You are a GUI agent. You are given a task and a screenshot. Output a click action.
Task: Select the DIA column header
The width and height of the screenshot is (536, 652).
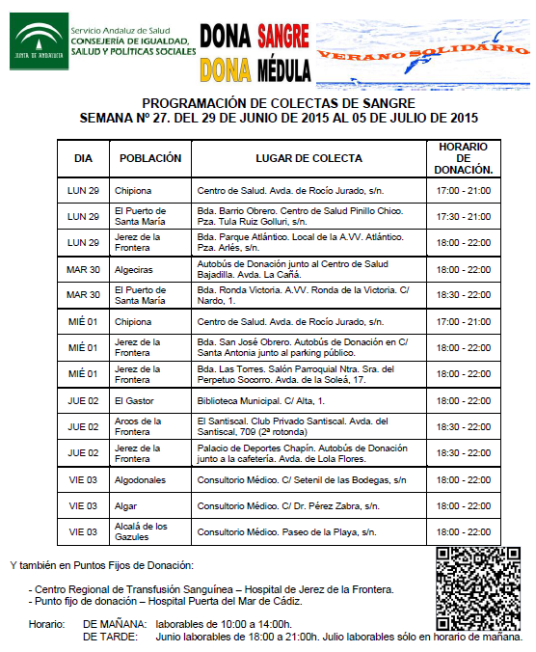[x=83, y=158]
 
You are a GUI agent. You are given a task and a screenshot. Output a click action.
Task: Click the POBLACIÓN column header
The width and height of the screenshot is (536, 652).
[x=149, y=158]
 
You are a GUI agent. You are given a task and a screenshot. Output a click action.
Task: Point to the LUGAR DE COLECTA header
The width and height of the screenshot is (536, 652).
[x=308, y=158]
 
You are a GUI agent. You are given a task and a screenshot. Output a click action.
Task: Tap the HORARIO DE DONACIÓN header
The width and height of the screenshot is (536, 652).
[x=464, y=158]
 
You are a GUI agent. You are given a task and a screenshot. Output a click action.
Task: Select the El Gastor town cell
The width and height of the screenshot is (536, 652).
[x=134, y=400]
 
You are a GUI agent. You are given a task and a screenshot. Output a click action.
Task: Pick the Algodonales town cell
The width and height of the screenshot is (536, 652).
[x=140, y=479]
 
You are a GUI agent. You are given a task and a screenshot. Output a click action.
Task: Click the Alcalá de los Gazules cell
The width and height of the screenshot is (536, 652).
[x=141, y=531]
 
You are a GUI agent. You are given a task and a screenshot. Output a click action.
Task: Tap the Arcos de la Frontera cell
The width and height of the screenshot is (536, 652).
[x=141, y=426]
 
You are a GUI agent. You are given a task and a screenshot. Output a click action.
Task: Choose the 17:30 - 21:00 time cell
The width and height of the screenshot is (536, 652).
[x=464, y=216]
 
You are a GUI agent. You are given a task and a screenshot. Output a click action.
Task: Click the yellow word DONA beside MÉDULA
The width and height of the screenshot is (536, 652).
[x=225, y=68]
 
